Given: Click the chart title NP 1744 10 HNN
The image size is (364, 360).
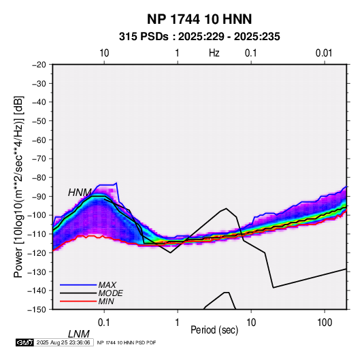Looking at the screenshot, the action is (199, 19).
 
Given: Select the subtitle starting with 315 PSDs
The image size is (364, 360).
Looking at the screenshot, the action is (199, 37).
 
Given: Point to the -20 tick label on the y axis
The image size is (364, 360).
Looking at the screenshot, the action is (39, 65).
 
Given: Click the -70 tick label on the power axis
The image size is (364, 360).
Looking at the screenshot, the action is (39, 159).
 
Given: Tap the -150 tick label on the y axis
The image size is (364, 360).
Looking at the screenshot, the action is (37, 310).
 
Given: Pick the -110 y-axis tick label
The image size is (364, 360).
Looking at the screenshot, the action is (37, 234).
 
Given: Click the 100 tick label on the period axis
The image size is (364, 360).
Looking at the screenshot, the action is (325, 323).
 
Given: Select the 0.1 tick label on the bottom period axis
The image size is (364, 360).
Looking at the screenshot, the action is (104, 323).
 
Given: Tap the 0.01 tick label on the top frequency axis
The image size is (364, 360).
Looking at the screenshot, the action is (324, 53).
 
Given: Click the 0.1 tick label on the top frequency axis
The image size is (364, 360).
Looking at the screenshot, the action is (251, 53).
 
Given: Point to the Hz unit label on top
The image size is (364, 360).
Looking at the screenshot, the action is (214, 53).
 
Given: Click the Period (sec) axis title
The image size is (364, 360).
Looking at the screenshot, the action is (214, 330).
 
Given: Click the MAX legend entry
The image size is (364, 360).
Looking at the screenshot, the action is (107, 285).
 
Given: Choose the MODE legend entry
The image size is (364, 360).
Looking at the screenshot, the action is (110, 293).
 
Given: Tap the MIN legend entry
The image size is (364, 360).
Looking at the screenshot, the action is (106, 301).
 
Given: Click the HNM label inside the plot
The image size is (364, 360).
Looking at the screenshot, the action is (80, 193).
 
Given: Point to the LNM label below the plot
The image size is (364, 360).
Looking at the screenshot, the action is (79, 334).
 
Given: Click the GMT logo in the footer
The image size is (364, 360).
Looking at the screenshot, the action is (25, 342).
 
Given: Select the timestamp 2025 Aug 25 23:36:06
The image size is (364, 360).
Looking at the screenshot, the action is (63, 342).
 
